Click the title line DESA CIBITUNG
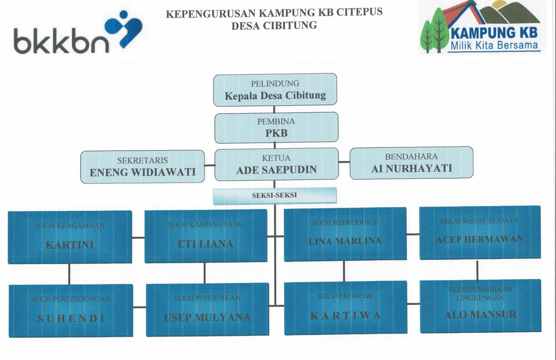point(274,25)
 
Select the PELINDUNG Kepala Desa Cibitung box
point(275,90)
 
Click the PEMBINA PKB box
point(276,127)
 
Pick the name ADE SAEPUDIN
point(277,170)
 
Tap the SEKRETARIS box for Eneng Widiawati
point(142,166)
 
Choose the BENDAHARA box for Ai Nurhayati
point(411,163)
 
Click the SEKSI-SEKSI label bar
point(274,196)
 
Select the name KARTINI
point(69,245)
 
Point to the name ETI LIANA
point(205,244)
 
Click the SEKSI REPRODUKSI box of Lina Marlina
point(345,234)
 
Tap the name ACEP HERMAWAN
point(480,239)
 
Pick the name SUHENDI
point(71,318)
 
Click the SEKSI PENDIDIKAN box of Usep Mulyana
point(207,309)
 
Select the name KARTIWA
point(345,316)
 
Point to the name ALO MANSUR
point(480,315)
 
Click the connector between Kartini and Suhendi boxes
point(69,274)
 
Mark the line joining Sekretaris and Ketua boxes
point(210,164)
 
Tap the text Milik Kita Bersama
point(494,45)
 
